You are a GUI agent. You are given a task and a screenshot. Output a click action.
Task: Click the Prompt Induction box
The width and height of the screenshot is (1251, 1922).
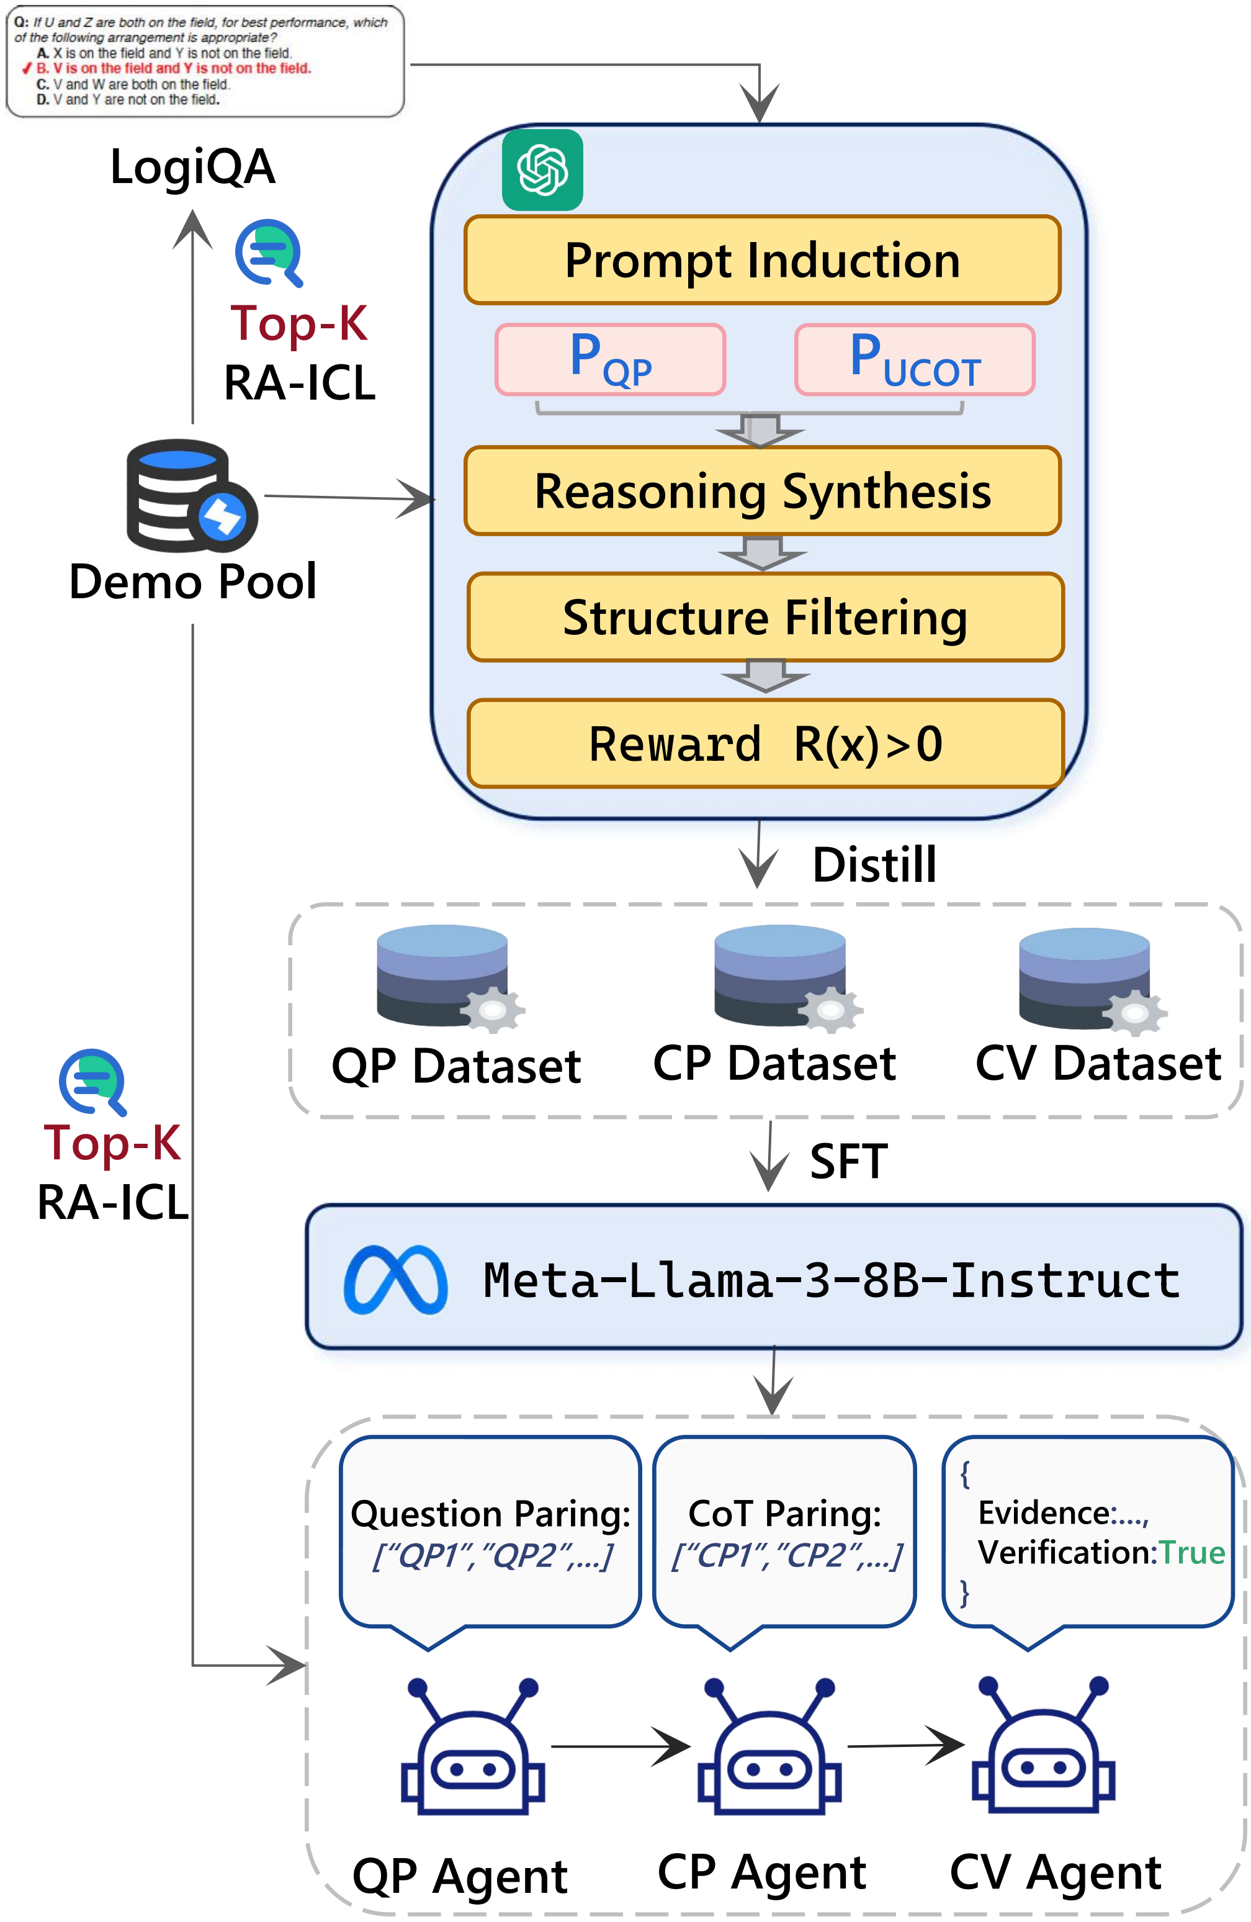763,260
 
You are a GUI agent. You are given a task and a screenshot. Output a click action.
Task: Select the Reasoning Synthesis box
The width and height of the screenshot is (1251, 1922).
763,491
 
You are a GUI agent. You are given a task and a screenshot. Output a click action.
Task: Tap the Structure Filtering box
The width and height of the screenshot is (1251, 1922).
766,617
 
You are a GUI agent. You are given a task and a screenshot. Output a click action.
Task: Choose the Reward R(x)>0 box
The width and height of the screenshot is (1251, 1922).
766,743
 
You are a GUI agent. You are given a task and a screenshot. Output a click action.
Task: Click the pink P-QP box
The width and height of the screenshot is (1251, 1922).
611,359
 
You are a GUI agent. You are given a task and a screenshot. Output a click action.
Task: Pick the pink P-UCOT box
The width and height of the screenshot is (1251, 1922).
915,359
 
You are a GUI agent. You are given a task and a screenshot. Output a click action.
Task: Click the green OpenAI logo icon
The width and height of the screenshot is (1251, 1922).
543,169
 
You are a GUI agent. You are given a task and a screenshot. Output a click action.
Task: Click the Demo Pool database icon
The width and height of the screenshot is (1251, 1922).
191,495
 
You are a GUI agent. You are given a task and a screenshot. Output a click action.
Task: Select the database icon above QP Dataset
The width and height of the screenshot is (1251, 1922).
451,978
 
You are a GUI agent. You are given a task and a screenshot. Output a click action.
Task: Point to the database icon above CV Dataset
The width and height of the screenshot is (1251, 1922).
1093,981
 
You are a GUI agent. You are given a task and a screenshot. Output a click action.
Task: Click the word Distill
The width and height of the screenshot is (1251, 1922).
875,865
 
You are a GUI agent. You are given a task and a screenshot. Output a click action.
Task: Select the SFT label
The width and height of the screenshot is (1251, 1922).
849,1161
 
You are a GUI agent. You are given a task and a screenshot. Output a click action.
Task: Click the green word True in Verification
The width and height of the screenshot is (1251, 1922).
1192,1552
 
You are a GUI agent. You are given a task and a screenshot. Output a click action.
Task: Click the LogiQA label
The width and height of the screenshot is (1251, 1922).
193,167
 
